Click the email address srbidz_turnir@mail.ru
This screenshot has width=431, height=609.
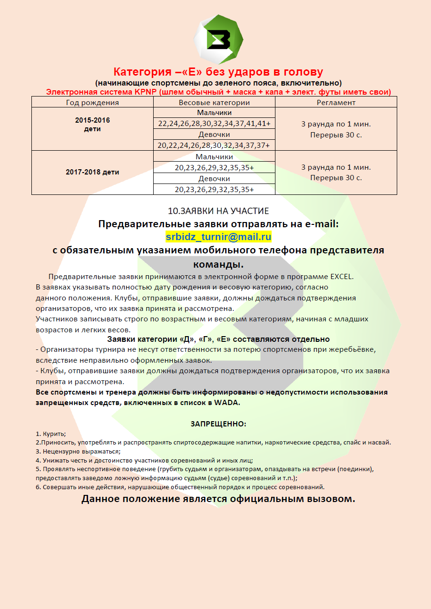(218, 236)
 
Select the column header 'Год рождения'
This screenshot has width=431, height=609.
(92, 102)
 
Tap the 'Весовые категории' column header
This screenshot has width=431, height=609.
(214, 102)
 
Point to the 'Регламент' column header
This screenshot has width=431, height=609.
(336, 102)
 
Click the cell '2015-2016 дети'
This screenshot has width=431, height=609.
(92, 125)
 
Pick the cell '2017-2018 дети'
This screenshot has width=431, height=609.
(92, 172)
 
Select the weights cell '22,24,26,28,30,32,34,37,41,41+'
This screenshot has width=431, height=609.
(214, 124)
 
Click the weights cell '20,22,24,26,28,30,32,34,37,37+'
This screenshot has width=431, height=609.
(214, 145)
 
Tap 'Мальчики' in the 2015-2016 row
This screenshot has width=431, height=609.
(214, 113)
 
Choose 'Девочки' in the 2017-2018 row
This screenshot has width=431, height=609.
(214, 179)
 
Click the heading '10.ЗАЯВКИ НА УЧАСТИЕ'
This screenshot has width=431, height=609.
(218, 211)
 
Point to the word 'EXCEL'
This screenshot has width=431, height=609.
(341, 277)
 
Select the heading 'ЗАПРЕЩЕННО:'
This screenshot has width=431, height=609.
(218, 424)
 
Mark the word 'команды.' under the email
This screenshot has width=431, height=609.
(218, 264)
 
